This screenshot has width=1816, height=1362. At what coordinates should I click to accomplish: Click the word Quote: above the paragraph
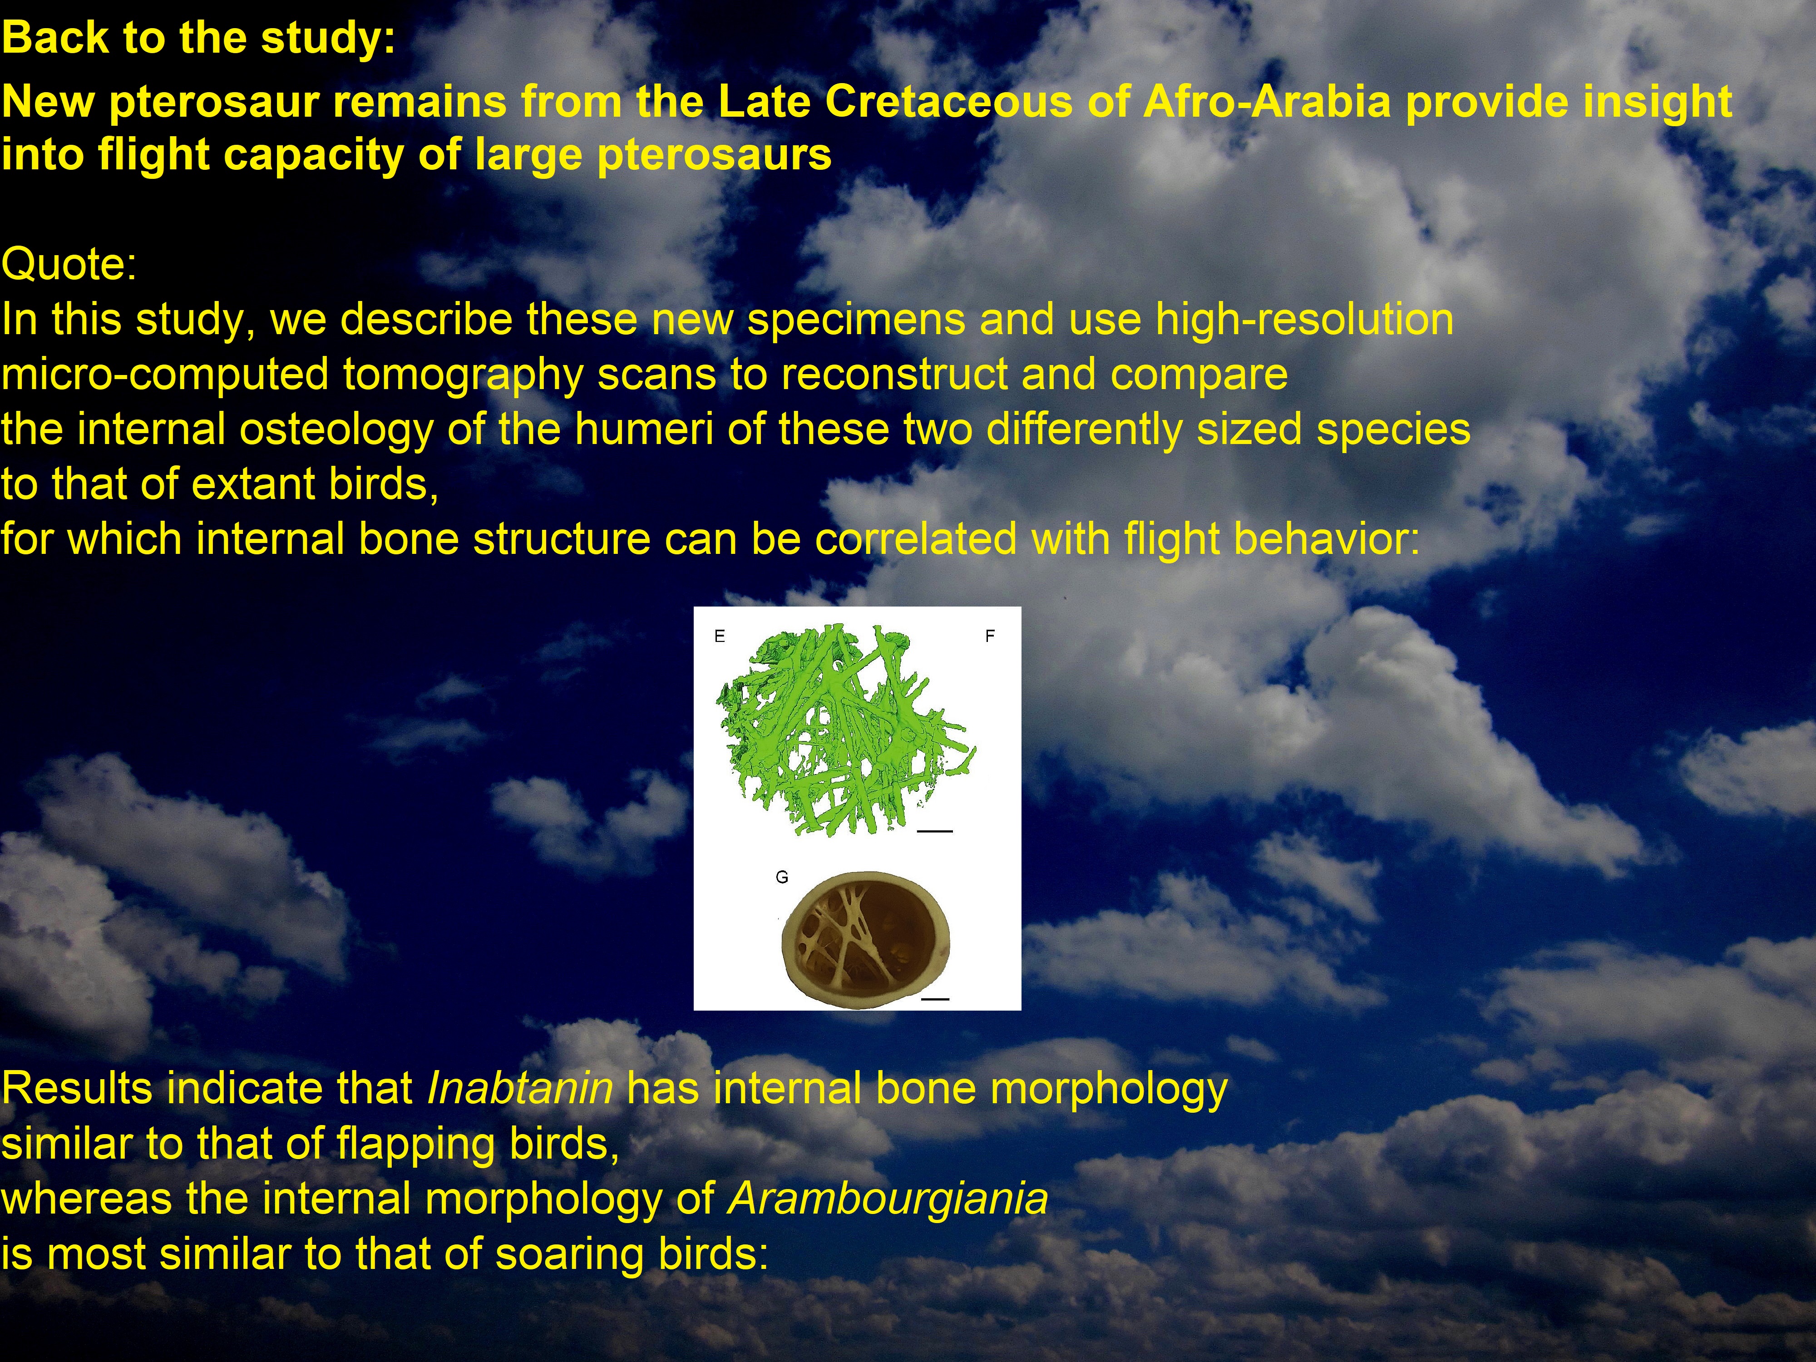tap(69, 264)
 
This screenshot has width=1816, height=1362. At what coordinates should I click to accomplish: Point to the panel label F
tap(990, 636)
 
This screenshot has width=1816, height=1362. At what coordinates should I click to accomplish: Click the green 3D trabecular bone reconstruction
tap(846, 730)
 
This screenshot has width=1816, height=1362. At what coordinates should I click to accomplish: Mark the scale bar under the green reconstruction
tap(934, 832)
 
